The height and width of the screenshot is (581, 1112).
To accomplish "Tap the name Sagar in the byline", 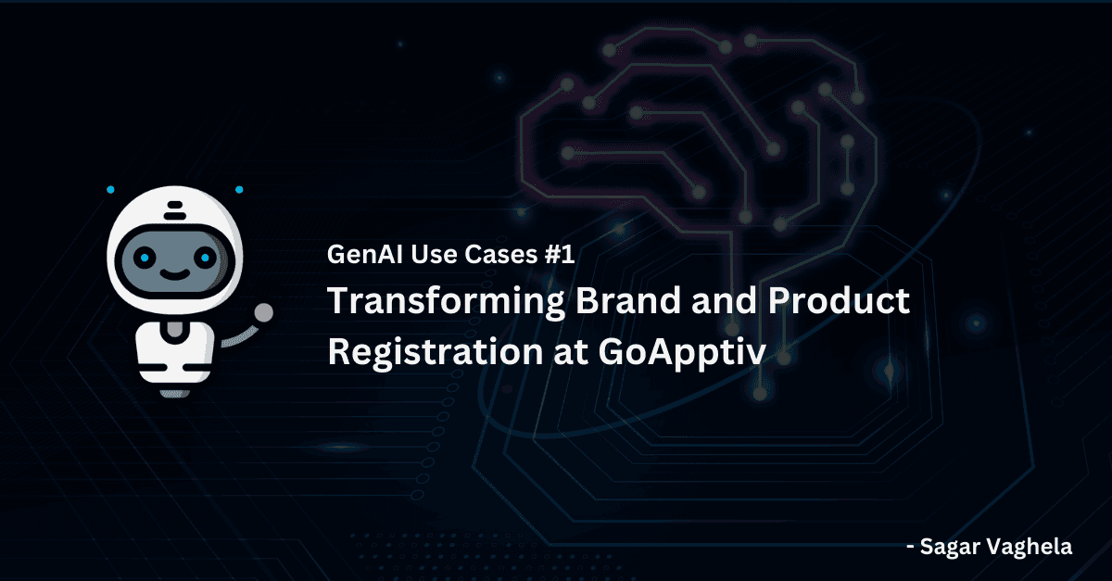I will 954,547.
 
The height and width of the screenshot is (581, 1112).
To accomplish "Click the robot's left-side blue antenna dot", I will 110,190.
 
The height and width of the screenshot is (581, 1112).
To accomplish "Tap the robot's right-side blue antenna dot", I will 239,190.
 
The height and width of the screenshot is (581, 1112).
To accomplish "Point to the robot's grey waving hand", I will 263,312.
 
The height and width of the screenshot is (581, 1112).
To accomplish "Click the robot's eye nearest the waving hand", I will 206,256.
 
